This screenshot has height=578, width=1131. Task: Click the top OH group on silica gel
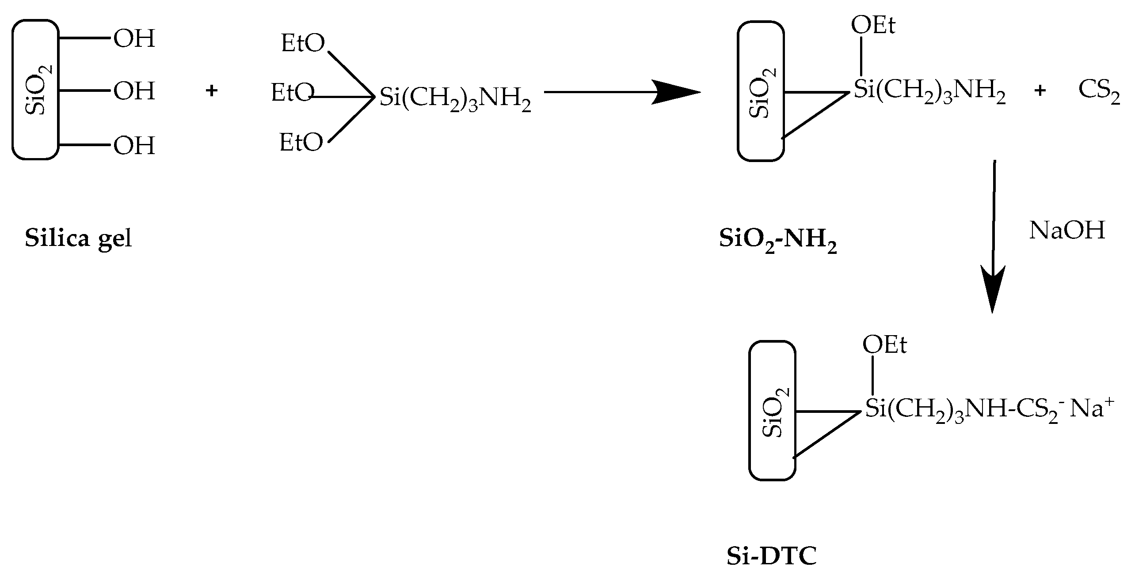[x=134, y=39]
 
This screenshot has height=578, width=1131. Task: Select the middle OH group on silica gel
[x=134, y=91]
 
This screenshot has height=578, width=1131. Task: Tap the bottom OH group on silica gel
[x=134, y=146]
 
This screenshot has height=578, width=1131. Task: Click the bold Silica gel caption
[x=78, y=239]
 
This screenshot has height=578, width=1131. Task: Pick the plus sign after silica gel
[x=212, y=91]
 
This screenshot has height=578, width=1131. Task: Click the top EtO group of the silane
[x=303, y=44]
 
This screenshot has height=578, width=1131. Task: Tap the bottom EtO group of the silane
[x=301, y=143]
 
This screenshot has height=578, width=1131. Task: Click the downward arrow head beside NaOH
[x=993, y=289]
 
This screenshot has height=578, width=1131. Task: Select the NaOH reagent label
[x=1067, y=230]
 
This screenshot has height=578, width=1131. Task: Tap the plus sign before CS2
[x=1040, y=91]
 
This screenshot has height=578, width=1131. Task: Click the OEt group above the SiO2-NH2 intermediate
[x=873, y=26]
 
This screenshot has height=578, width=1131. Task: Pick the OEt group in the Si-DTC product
[x=884, y=345]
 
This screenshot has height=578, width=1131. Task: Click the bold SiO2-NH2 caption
[x=778, y=241]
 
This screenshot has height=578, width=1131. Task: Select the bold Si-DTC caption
[x=772, y=557]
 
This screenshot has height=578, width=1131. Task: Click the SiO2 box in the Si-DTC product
[x=772, y=410]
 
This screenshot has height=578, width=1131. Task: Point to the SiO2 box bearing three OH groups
[x=35, y=89]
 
